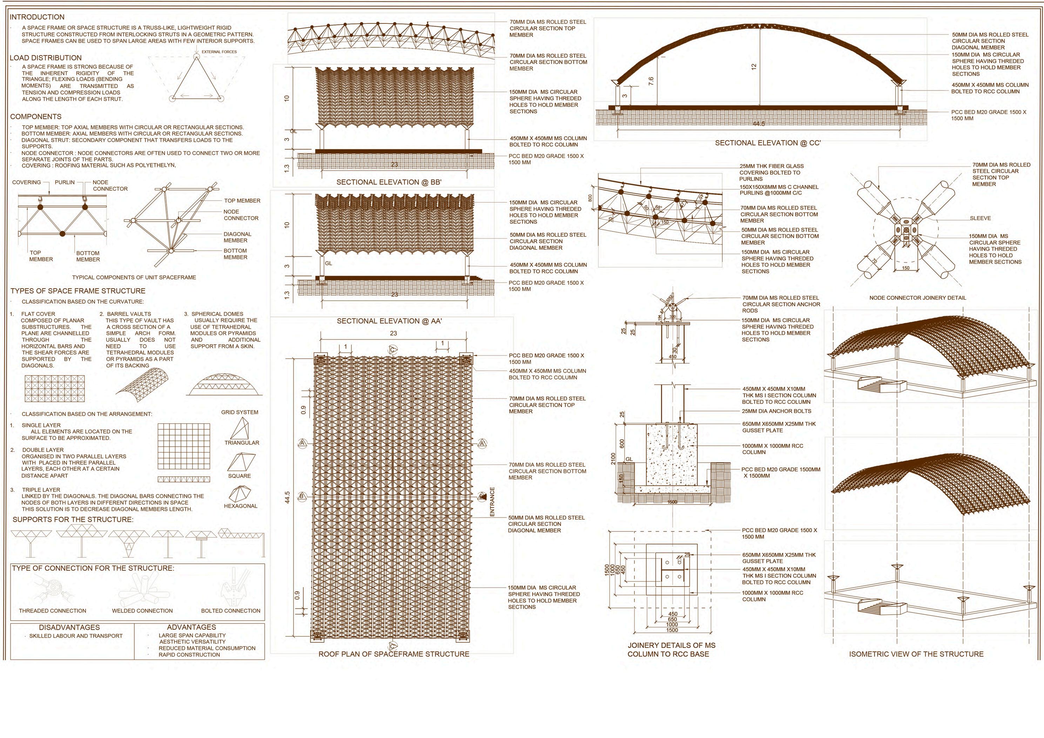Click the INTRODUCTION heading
click(37, 17)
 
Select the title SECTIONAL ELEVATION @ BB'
click(389, 182)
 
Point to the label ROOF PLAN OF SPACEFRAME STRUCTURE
click(394, 654)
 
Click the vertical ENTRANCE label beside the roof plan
click(492, 502)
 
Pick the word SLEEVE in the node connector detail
click(980, 218)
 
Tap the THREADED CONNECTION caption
click(52, 611)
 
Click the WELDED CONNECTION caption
click(142, 611)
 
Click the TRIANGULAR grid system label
click(241, 443)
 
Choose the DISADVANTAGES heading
click(69, 628)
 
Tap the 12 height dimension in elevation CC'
click(754, 66)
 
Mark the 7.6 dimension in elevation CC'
click(651, 81)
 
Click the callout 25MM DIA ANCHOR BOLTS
click(776, 411)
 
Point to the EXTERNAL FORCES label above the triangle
click(219, 52)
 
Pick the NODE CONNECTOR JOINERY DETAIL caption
click(918, 298)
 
